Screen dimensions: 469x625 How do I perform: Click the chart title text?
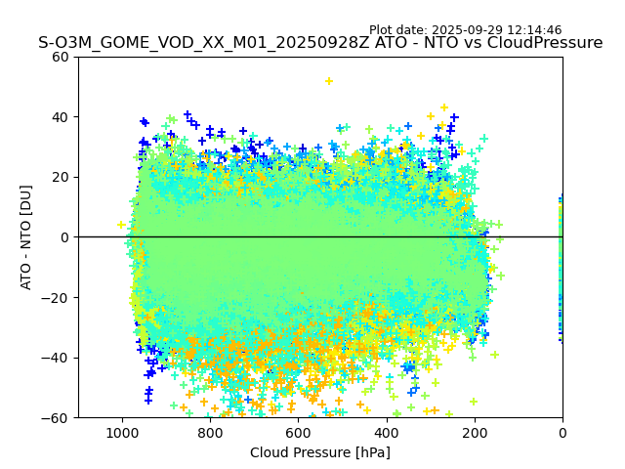click(320, 43)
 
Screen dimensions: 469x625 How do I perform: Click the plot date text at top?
click(465, 30)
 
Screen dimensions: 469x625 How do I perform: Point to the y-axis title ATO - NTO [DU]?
click(26, 236)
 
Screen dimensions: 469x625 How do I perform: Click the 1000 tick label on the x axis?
click(122, 432)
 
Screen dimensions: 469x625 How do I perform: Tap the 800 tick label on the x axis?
click(210, 432)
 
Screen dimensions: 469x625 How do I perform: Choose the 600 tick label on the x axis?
click(298, 432)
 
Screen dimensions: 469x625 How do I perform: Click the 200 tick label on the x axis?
click(475, 432)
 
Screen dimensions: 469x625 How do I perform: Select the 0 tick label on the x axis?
click(562, 432)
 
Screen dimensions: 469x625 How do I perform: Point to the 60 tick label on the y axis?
click(62, 57)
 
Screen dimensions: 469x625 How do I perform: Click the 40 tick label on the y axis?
click(62, 117)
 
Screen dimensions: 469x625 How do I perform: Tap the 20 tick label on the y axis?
click(62, 177)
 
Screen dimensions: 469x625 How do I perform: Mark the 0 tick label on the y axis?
click(65, 237)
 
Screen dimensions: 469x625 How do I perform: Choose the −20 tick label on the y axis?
click(58, 297)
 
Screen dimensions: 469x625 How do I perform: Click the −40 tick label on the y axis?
click(58, 358)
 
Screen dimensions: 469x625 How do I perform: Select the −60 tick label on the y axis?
click(58, 417)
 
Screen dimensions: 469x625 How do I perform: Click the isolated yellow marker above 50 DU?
click(329, 81)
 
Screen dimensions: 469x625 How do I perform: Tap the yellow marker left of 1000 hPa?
click(121, 225)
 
